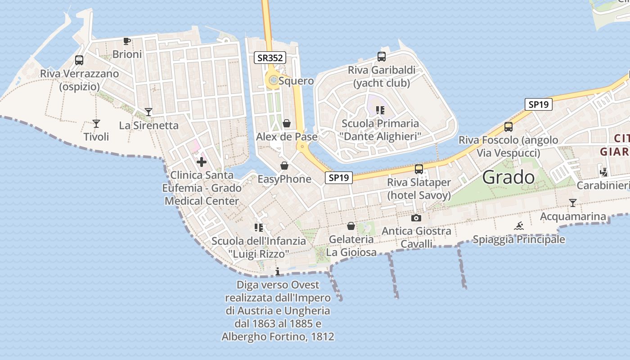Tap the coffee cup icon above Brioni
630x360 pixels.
127,41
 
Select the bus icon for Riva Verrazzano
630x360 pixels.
79,60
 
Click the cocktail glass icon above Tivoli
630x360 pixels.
96,123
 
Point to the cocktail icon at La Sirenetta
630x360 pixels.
148,112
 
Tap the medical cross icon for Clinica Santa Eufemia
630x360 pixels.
201,162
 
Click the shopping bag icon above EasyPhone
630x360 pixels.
284,166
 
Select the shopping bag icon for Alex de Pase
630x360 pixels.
287,123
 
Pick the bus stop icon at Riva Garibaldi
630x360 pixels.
382,57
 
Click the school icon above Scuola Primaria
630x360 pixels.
380,110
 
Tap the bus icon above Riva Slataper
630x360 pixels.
419,169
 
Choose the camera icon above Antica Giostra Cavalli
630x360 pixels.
416,218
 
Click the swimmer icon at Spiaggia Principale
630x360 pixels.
519,226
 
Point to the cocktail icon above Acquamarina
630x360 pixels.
573,203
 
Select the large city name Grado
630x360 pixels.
508,177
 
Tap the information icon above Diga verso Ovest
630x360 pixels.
278,271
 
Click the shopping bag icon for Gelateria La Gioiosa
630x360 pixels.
351,226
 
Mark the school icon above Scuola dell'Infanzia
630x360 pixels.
258,228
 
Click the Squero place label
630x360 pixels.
296,81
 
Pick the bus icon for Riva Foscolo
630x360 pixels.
508,127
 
